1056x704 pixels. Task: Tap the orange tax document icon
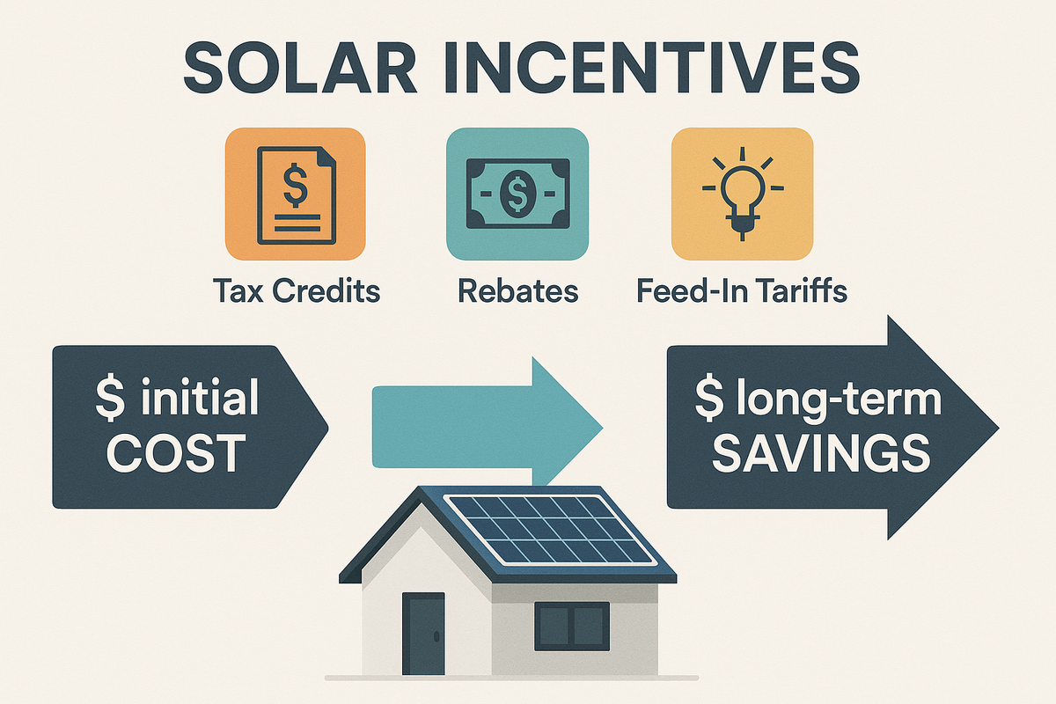tap(295, 194)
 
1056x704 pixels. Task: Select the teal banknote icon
tap(517, 194)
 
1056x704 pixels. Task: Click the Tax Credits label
tap(296, 291)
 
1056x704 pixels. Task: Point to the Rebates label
tap(517, 291)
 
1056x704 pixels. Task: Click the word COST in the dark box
tap(180, 454)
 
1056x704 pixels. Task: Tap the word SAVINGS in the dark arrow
tap(819, 454)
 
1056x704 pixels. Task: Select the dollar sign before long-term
tap(706, 400)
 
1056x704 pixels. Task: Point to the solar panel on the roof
tap(550, 529)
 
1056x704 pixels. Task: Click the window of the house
tap(572, 625)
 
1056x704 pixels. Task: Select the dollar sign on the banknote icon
tap(517, 194)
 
